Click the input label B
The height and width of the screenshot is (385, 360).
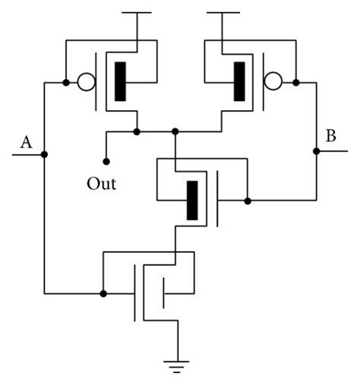(330, 137)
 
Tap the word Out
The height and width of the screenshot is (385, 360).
(102, 184)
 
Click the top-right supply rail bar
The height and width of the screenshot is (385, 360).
(223, 13)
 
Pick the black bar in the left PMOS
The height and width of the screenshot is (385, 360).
(120, 82)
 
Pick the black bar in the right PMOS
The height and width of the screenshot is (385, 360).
(240, 82)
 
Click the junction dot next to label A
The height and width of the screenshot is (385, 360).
(45, 155)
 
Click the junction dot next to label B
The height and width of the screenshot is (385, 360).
(315, 152)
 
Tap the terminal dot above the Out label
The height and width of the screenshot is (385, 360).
(106, 162)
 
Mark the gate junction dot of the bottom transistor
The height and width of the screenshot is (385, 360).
(103, 292)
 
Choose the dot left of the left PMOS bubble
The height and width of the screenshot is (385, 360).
(66, 82)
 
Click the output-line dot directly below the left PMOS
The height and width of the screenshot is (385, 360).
(137, 131)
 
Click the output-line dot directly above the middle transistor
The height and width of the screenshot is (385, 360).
(175, 131)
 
